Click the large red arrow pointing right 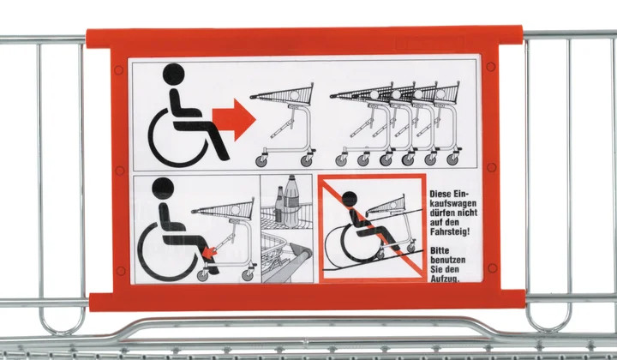pyautogui.click(x=234, y=120)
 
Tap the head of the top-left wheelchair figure pyautogui.click(x=173, y=74)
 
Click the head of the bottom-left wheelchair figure pyautogui.click(x=163, y=188)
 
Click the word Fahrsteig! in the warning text pyautogui.click(x=450, y=231)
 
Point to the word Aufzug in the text pyautogui.click(x=444, y=279)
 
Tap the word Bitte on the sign pyautogui.click(x=440, y=250)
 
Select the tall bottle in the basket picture pyautogui.click(x=291, y=201)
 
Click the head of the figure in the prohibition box pyautogui.click(x=349, y=199)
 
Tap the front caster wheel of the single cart pyautogui.click(x=261, y=160)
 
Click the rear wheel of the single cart pyautogui.click(x=307, y=160)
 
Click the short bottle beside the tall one pyautogui.click(x=279, y=205)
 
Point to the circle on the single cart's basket pyautogui.click(x=294, y=95)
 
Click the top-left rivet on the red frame pyautogui.click(x=118, y=70)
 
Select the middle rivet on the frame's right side pyautogui.click(x=492, y=168)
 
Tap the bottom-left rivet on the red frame pyautogui.click(x=121, y=271)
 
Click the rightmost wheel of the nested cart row pyautogui.click(x=452, y=159)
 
